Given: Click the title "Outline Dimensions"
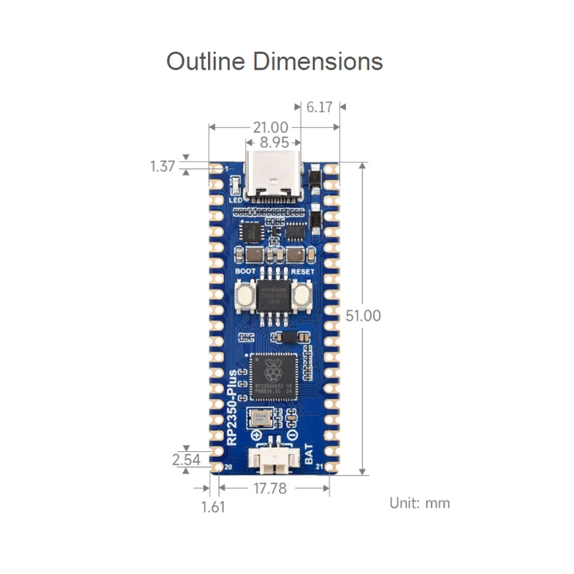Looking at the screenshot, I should pos(274,61).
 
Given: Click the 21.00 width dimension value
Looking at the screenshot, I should pos(270,127).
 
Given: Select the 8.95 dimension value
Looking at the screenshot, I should pos(274,142).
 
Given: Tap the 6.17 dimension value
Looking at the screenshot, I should pos(319,107).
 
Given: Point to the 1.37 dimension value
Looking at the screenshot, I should pos(163,166).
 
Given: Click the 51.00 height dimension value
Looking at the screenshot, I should pos(362,316).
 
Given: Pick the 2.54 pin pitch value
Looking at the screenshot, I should pos(187,460).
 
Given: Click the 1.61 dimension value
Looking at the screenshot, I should pos(213,507).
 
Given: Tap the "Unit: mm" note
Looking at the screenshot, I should pos(420,502).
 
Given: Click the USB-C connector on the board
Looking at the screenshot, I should pos(273,179).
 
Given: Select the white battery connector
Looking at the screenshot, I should pos(273,460).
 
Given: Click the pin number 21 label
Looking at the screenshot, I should pos(318,468).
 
